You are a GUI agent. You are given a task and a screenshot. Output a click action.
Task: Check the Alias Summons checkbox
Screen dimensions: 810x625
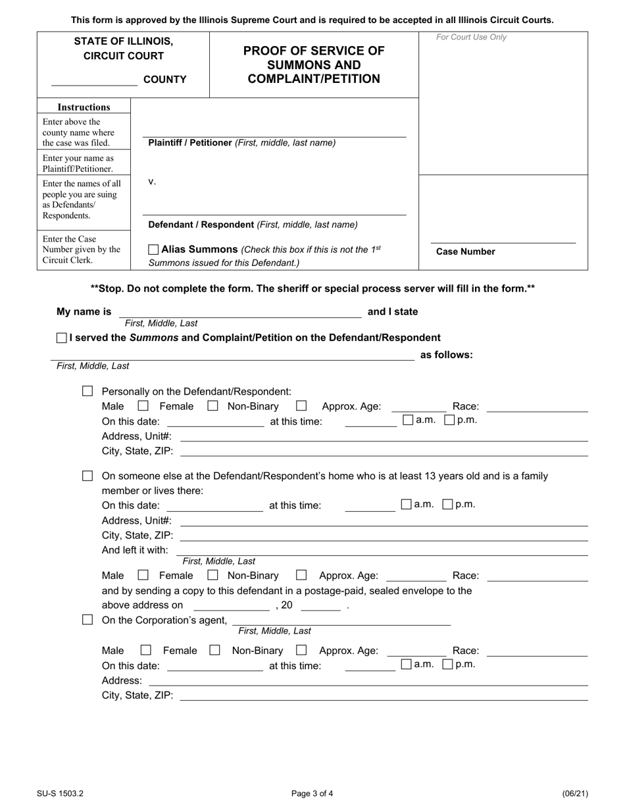coord(153,250)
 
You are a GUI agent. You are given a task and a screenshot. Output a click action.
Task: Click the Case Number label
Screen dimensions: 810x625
coord(465,252)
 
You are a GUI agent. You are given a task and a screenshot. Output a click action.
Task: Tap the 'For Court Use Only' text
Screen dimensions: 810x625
coord(471,38)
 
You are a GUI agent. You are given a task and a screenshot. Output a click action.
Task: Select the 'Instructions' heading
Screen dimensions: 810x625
coord(84,107)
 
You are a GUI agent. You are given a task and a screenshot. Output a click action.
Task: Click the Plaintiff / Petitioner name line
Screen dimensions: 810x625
coord(274,133)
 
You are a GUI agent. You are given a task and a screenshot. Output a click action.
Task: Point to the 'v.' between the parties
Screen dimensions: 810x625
coord(152,182)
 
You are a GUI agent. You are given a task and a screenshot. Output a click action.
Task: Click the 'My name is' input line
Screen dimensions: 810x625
coord(240,313)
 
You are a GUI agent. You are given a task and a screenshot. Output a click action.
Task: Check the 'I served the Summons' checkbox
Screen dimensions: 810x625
coord(62,338)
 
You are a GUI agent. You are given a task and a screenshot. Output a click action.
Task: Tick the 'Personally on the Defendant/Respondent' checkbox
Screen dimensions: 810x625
coord(87,391)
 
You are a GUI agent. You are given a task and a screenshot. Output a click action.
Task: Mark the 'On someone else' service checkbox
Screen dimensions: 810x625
coord(87,475)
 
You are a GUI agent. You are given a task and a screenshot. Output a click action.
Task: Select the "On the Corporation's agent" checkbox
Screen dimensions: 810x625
coord(87,620)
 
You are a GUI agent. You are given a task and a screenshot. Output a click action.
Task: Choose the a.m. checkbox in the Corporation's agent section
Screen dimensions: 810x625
coord(407,664)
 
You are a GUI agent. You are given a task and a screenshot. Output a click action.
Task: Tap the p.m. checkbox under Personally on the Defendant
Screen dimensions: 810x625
coord(449,419)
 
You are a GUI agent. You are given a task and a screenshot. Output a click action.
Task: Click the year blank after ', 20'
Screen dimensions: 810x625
coord(320,606)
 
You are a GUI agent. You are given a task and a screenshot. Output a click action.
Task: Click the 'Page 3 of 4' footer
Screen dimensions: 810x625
coord(312,794)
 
